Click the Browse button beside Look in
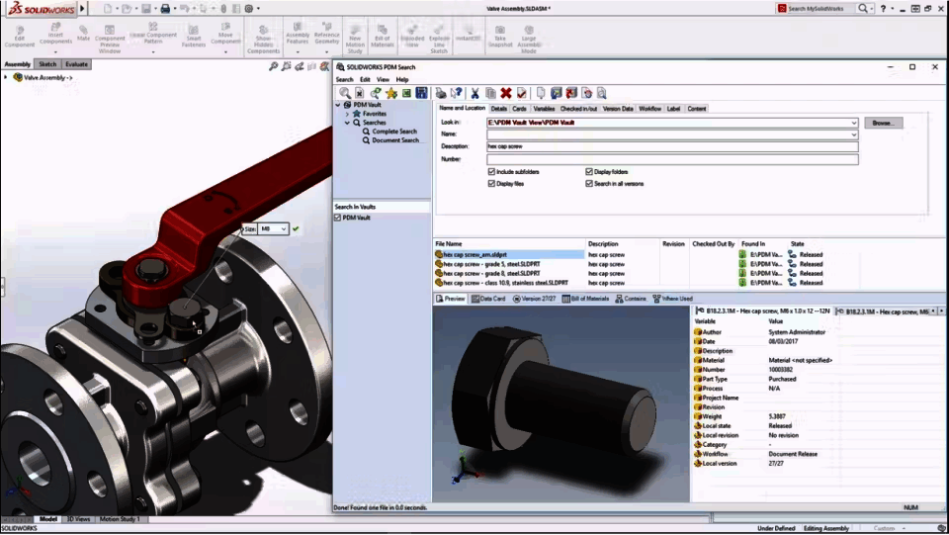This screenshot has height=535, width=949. [883, 123]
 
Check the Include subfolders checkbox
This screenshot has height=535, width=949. [491, 171]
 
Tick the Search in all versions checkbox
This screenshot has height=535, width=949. [589, 183]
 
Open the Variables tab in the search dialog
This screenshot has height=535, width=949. [544, 109]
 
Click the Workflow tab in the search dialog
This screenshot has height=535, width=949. [649, 109]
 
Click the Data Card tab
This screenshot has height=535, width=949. [488, 298]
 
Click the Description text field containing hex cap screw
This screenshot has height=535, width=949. [672, 146]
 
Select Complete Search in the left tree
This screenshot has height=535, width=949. [393, 132]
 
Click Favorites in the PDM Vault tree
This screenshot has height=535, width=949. [374, 114]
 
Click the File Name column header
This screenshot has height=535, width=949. [449, 243]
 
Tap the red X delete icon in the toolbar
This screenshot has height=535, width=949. [505, 93]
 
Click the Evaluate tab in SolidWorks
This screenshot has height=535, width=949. [76, 64]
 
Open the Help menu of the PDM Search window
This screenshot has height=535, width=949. [402, 79]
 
